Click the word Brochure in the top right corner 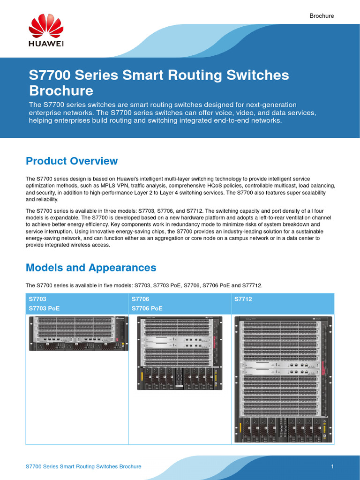pyautogui.click(x=322, y=16)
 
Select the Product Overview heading pyautogui.click(x=72, y=161)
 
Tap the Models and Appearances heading pyautogui.click(x=91, y=268)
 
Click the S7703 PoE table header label pyautogui.click(x=45, y=308)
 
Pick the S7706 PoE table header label pyautogui.click(x=147, y=308)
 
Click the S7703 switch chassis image pyautogui.click(x=78, y=333)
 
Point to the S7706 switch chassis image pyautogui.click(x=180, y=353)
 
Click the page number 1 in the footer pyautogui.click(x=332, y=466)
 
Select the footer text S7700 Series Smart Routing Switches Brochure pyautogui.click(x=83, y=466)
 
